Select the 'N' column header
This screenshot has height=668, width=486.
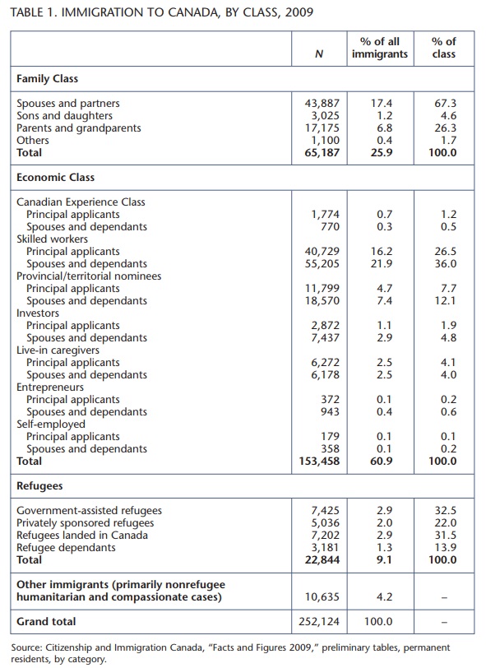point(318,53)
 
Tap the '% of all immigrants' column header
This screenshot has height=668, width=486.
point(380,48)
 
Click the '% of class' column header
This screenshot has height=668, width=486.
point(444,48)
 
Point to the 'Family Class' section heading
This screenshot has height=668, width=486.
point(47,79)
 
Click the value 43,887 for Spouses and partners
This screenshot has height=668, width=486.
point(322,104)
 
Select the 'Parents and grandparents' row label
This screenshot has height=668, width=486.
point(79,128)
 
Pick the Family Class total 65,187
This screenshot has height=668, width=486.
point(322,152)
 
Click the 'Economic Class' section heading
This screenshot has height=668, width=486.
point(55,178)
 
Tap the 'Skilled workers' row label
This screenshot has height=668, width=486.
point(52,239)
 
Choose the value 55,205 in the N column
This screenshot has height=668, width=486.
point(322,264)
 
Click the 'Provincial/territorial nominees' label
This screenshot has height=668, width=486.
point(89,276)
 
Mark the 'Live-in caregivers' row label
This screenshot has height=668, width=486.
point(58,350)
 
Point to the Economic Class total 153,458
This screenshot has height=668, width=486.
point(319,462)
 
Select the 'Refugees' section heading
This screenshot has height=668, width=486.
point(39,486)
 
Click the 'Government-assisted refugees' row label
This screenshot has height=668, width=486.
point(90,511)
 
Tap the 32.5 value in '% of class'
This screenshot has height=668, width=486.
point(446,511)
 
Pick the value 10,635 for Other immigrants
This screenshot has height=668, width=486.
point(322,597)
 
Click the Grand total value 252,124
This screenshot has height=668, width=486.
point(319,622)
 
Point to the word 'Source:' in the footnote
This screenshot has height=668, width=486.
point(26,648)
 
